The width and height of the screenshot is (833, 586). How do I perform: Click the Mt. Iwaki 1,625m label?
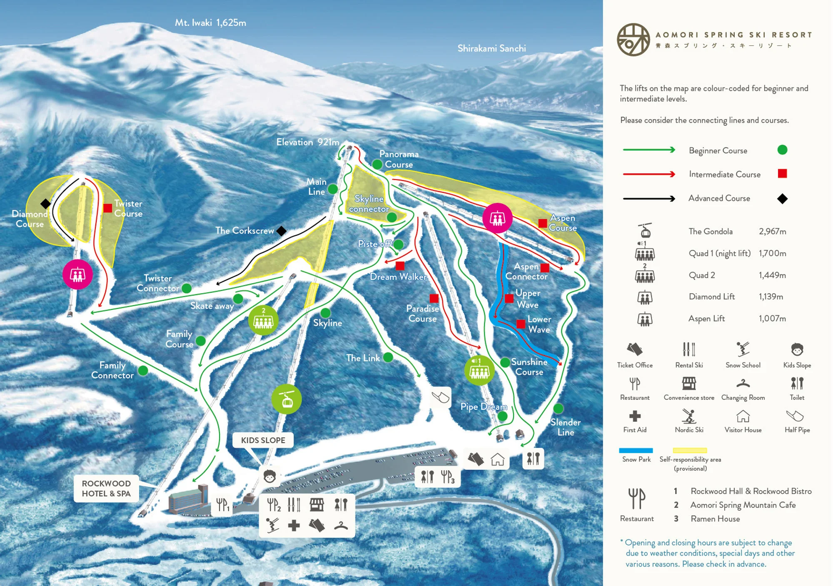[x=210, y=22]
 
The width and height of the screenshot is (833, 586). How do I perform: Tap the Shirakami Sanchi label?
[x=491, y=48]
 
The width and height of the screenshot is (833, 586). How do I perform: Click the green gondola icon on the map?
[x=287, y=399]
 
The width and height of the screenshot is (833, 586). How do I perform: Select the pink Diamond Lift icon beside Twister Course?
[x=77, y=274]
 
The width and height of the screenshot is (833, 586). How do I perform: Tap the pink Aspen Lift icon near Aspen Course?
[x=497, y=218]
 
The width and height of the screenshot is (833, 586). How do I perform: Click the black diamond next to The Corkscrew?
[x=282, y=230]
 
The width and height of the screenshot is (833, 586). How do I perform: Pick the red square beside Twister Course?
[x=107, y=208]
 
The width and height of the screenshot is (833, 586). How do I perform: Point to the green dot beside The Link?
[x=388, y=357]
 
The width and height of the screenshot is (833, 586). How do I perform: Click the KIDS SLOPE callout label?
[x=263, y=440]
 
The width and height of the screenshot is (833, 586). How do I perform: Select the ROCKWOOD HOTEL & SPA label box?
[x=106, y=488]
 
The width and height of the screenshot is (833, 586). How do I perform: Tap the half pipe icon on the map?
[x=440, y=397]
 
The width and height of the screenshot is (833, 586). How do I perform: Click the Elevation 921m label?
[x=308, y=142]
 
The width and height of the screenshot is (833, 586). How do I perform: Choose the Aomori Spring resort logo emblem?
[x=633, y=40]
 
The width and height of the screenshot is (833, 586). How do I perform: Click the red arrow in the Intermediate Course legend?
[x=649, y=174]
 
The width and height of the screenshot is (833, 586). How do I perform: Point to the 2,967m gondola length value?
[x=772, y=232]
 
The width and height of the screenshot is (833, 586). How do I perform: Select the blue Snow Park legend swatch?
[x=636, y=450]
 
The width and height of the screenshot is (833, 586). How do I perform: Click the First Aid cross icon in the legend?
[x=635, y=416]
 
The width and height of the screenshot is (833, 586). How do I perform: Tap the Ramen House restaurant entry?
[x=715, y=519]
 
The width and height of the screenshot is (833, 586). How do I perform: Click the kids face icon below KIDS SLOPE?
[x=270, y=476]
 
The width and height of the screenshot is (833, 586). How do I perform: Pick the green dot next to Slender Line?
[x=558, y=408]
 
